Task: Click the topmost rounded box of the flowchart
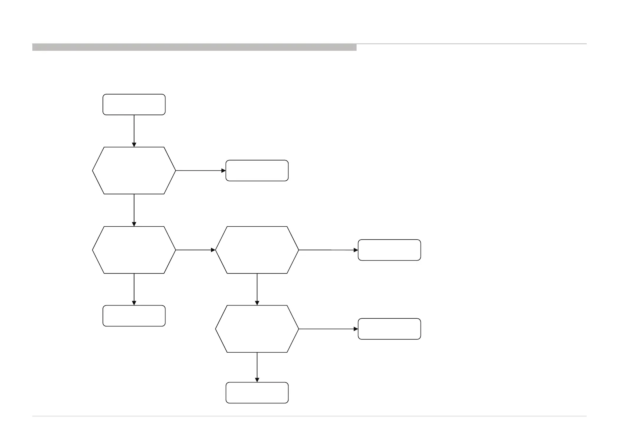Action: click(x=134, y=105)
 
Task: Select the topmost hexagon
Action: click(x=134, y=170)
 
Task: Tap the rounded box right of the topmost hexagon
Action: click(x=257, y=170)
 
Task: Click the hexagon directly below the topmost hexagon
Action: click(x=134, y=250)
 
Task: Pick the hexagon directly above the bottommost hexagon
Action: click(x=257, y=250)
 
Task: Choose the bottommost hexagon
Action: click(x=257, y=329)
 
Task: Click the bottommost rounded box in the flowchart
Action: click(x=257, y=393)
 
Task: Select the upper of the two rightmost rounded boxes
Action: click(x=389, y=250)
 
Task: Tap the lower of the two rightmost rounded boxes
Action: click(x=389, y=329)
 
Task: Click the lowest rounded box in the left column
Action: click(x=134, y=316)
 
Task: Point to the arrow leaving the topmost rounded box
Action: click(x=134, y=131)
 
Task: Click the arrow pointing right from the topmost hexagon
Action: click(x=201, y=171)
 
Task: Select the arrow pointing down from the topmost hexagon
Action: click(x=134, y=210)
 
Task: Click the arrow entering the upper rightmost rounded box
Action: click(x=328, y=250)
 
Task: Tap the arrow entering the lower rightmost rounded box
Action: click(x=328, y=329)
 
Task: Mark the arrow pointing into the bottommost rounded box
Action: click(x=257, y=367)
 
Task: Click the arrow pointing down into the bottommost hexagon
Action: click(x=257, y=289)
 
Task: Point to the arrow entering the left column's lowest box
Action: click(x=134, y=289)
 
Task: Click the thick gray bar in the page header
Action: click(x=194, y=47)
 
